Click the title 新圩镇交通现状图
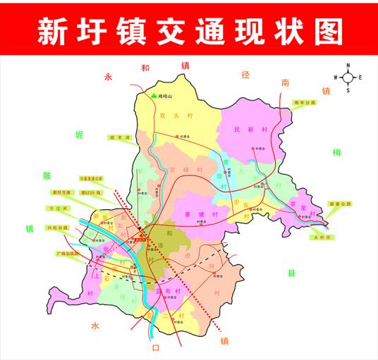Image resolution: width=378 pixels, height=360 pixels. point(189,31)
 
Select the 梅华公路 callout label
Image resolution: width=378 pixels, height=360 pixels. point(305,102)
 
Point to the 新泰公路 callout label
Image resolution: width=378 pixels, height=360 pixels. point(340,204)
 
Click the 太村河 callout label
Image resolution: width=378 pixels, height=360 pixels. point(321,237)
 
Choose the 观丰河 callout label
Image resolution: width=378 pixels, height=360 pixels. point(119,137)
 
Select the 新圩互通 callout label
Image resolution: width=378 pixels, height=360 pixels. point(61,192)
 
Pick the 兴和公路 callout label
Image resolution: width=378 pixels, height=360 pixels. point(59,228)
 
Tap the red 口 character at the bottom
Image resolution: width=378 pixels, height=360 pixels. point(157,347)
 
